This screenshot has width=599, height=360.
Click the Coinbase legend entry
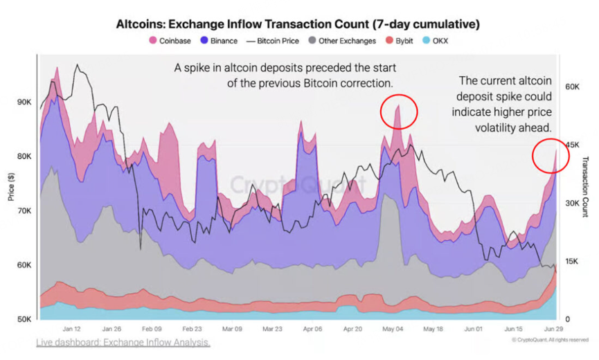tap(170, 41)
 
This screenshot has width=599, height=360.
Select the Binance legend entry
tap(219, 41)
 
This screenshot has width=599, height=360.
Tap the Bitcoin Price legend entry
tap(273, 41)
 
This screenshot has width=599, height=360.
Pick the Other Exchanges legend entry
tap(342, 41)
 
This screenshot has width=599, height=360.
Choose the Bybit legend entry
tap(399, 41)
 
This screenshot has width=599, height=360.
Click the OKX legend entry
tap(435, 41)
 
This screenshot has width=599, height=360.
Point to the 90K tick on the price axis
tap(24, 102)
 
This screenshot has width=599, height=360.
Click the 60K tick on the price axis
tap(24, 265)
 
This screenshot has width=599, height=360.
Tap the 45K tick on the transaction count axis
tap(572, 145)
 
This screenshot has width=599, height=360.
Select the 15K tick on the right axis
tap(572, 262)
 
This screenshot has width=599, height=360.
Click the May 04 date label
tap(393, 329)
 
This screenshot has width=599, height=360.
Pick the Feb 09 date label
tap(152, 329)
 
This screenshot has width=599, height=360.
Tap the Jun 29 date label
tap(553, 329)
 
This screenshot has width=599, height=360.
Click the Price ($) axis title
tap(11, 187)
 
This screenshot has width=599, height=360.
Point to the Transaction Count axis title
tap(585, 187)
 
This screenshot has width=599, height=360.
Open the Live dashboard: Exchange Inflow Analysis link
tap(123, 343)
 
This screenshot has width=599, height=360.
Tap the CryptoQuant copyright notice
tap(550, 340)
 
